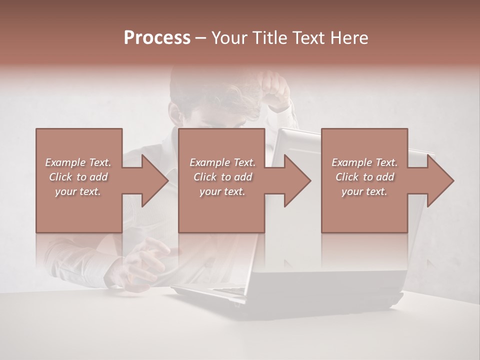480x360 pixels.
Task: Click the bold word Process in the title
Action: (157, 37)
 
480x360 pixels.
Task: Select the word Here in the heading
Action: (348, 37)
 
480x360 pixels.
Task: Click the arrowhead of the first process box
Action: (155, 180)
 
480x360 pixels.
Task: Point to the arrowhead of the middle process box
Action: (298, 180)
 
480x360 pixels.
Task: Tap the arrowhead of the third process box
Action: (440, 180)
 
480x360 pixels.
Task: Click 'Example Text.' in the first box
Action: (78, 162)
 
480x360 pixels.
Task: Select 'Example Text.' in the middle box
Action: (222, 162)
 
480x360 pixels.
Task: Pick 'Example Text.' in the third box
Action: (364, 162)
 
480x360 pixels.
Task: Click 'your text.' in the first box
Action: (78, 191)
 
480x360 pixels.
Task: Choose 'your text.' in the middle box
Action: (222, 191)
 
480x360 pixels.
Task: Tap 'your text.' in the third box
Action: (364, 191)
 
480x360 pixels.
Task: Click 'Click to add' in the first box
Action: (78, 177)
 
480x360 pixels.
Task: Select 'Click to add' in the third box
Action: (364, 177)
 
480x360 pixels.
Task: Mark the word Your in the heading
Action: (227, 37)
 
